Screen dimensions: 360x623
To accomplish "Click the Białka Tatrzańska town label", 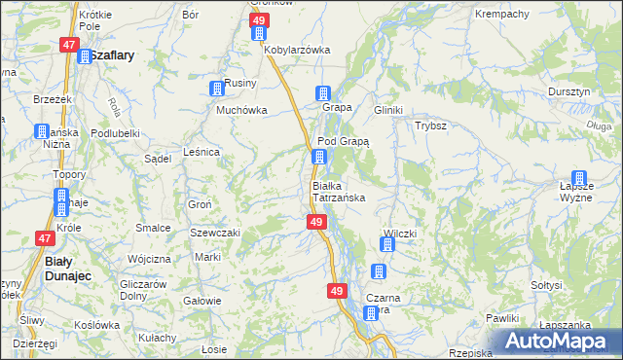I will tap(338, 191).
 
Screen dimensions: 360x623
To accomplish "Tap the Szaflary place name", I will tap(107, 55).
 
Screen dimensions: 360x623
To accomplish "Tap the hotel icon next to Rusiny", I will tap(216, 90).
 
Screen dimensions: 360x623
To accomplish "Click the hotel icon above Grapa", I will tap(322, 93).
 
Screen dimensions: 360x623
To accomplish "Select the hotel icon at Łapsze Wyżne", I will tap(580, 179).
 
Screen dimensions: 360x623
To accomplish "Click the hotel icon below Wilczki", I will tap(383, 271).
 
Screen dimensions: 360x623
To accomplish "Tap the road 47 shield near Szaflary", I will tap(68, 45).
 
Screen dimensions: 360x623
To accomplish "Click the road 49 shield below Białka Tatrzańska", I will tap(316, 223).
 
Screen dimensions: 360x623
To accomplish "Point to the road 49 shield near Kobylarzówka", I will tap(259, 20).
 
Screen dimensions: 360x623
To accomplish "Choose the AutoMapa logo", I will tap(556, 341).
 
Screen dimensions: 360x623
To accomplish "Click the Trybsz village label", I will tap(430, 126).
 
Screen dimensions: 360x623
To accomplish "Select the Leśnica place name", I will tap(201, 152).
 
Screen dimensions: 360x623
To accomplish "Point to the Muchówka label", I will tap(240, 110).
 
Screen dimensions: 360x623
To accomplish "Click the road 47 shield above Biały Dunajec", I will tap(45, 237).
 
